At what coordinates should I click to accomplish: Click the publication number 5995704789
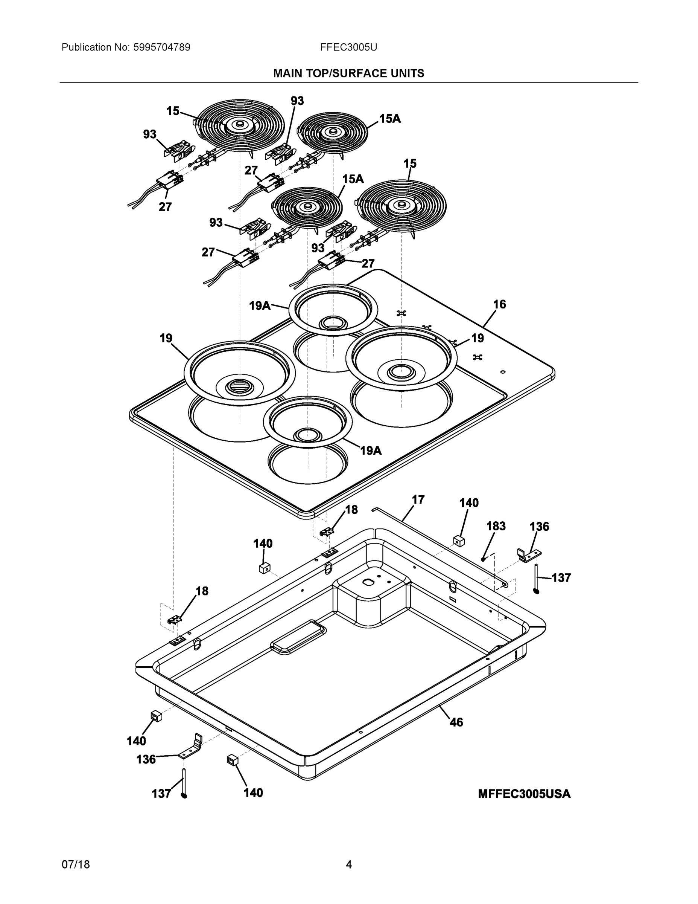(162, 47)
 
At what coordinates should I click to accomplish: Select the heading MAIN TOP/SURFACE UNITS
(348, 73)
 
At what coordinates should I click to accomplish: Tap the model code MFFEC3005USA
(524, 794)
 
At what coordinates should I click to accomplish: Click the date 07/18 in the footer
(76, 864)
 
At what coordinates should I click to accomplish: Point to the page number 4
(348, 864)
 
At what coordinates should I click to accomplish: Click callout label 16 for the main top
(499, 304)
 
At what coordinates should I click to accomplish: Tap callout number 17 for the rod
(418, 499)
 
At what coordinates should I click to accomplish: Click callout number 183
(496, 526)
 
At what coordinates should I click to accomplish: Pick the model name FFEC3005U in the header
(348, 47)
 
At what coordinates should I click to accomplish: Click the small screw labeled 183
(483, 559)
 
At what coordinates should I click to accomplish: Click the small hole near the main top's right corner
(502, 372)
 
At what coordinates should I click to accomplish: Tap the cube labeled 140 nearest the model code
(459, 541)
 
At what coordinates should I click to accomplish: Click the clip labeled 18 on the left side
(174, 620)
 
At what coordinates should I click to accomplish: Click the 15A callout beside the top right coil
(390, 118)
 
